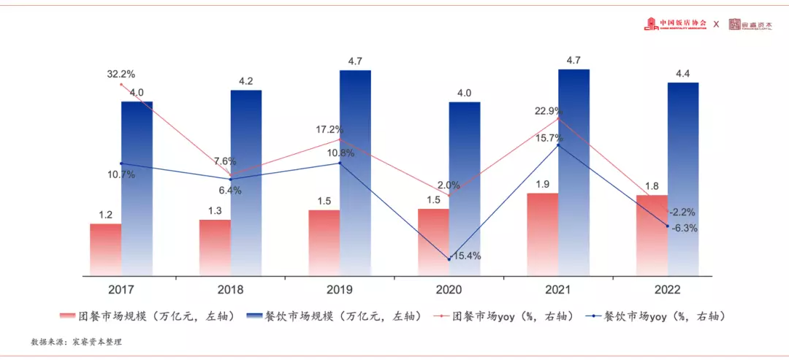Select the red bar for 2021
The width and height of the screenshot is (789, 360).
click(542, 234)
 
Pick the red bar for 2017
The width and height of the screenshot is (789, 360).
click(106, 249)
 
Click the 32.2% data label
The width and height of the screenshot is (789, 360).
click(121, 74)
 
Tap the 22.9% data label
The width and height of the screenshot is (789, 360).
click(549, 110)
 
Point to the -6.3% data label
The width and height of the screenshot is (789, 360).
click(684, 228)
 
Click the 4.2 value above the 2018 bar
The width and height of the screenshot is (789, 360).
click(246, 81)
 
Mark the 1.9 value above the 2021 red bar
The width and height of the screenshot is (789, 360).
click(542, 184)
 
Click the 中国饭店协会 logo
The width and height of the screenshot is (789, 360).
click(676, 24)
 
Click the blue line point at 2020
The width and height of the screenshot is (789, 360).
click(449, 259)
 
